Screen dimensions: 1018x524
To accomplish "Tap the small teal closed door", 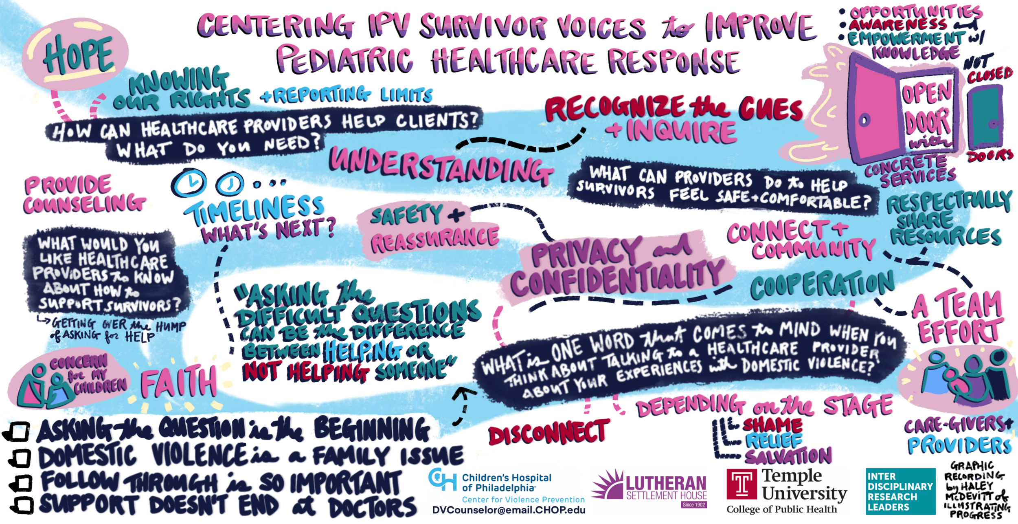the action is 985,117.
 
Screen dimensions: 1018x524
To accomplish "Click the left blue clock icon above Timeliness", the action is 189,182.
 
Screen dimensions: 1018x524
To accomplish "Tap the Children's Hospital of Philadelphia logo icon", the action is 442,480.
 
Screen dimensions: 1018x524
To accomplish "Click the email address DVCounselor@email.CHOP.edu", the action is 509,510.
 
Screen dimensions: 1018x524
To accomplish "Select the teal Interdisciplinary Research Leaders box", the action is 900,491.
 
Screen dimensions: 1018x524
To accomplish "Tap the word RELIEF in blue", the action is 773,441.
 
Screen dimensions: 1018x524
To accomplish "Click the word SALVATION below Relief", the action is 788,456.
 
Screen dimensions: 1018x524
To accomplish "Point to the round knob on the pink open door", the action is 864,120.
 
